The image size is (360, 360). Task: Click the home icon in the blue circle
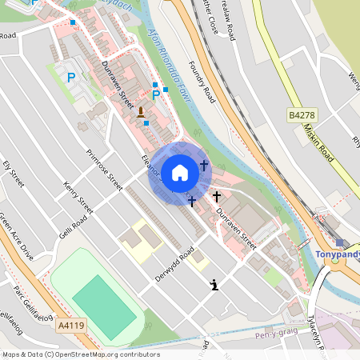[x=180, y=173]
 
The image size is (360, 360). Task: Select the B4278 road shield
[x=301, y=116]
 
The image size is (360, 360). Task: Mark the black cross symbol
[x=216, y=195]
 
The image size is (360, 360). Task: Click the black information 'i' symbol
[x=214, y=284]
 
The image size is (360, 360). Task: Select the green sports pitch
[x=104, y=306]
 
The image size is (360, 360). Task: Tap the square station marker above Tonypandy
[x=339, y=242]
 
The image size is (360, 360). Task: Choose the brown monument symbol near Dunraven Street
[x=142, y=111]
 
